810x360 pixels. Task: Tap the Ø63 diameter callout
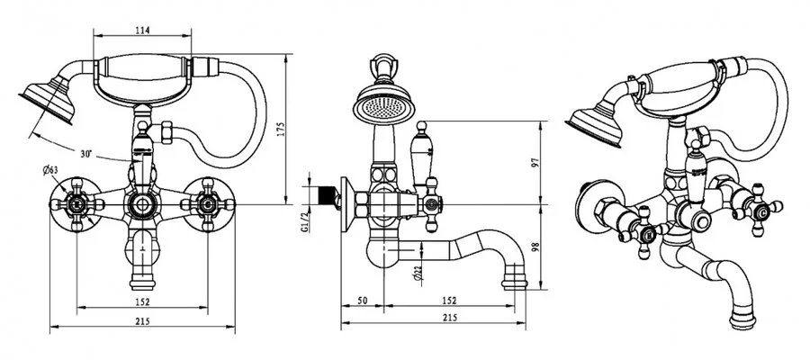(x=51, y=168)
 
